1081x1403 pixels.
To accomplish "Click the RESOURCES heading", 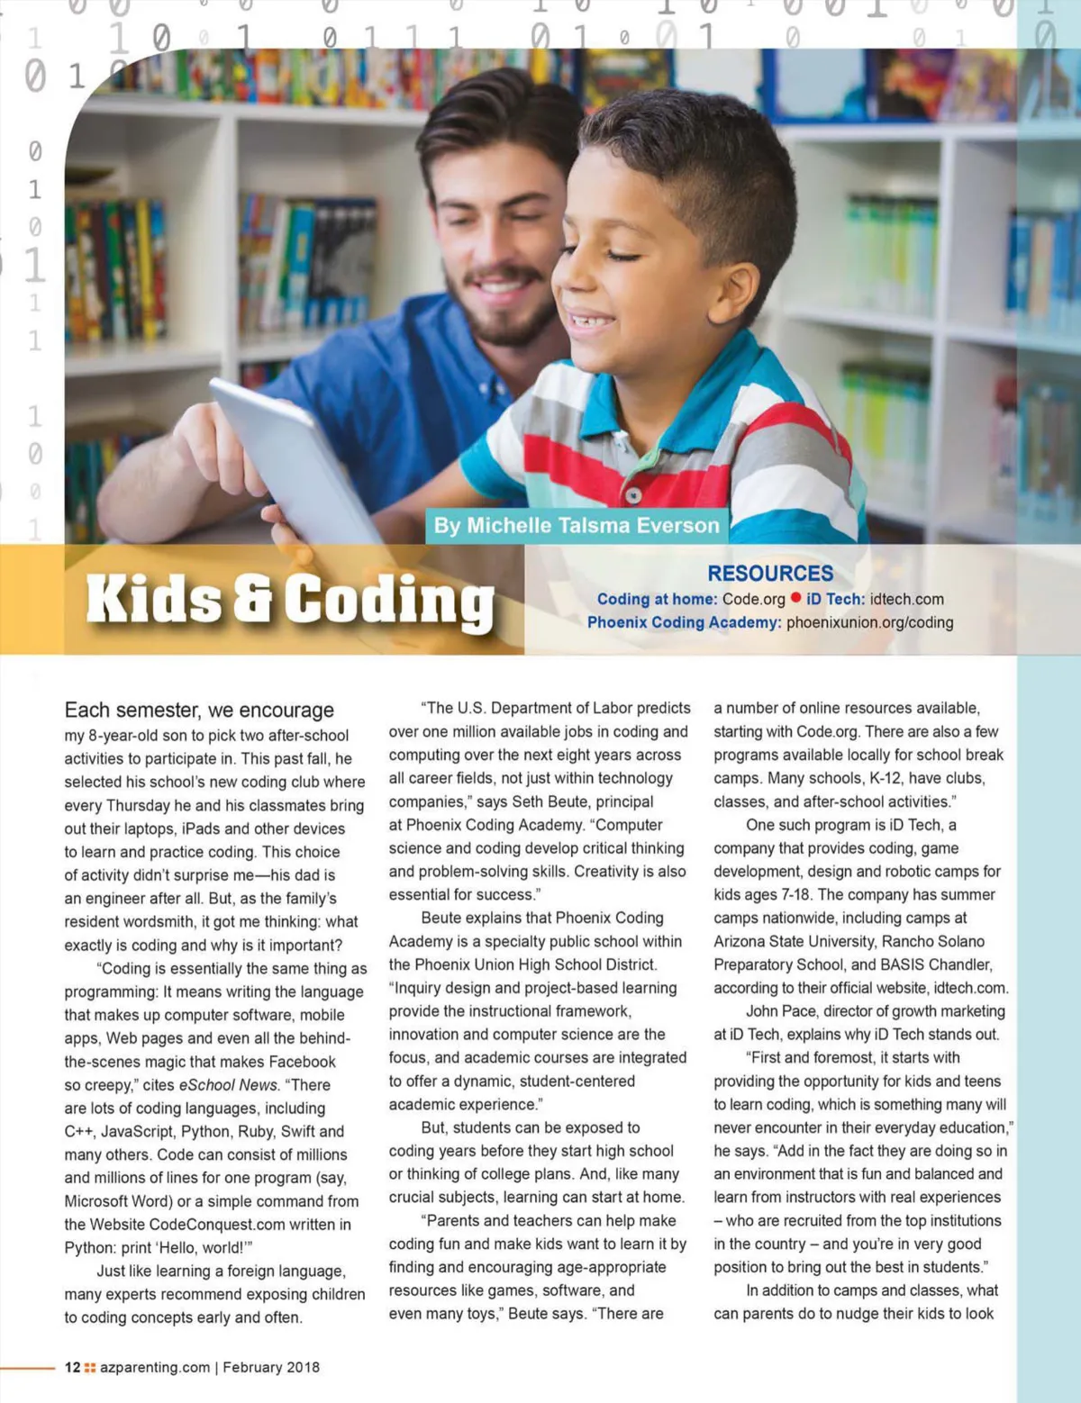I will click(770, 574).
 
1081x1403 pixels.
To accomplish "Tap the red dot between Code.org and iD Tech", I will click(796, 598).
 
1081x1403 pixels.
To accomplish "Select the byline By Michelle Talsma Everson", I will click(577, 526).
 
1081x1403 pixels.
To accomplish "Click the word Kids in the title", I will click(153, 599).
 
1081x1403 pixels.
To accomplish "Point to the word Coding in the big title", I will click(389, 601).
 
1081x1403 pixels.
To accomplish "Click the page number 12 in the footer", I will click(72, 1367).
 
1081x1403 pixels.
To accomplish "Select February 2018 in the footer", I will click(271, 1367).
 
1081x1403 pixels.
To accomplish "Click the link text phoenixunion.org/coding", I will click(869, 622).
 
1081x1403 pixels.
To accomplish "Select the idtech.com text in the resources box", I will click(907, 599).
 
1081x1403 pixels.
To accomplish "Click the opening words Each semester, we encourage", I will click(199, 711).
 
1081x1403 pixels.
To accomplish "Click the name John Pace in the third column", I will click(782, 1011).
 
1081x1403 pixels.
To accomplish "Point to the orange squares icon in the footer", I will click(90, 1367).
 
